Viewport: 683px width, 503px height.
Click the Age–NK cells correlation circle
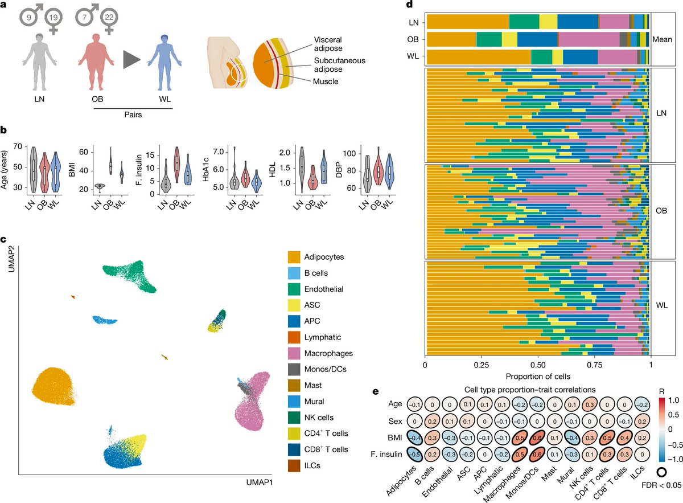[x=575, y=403]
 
